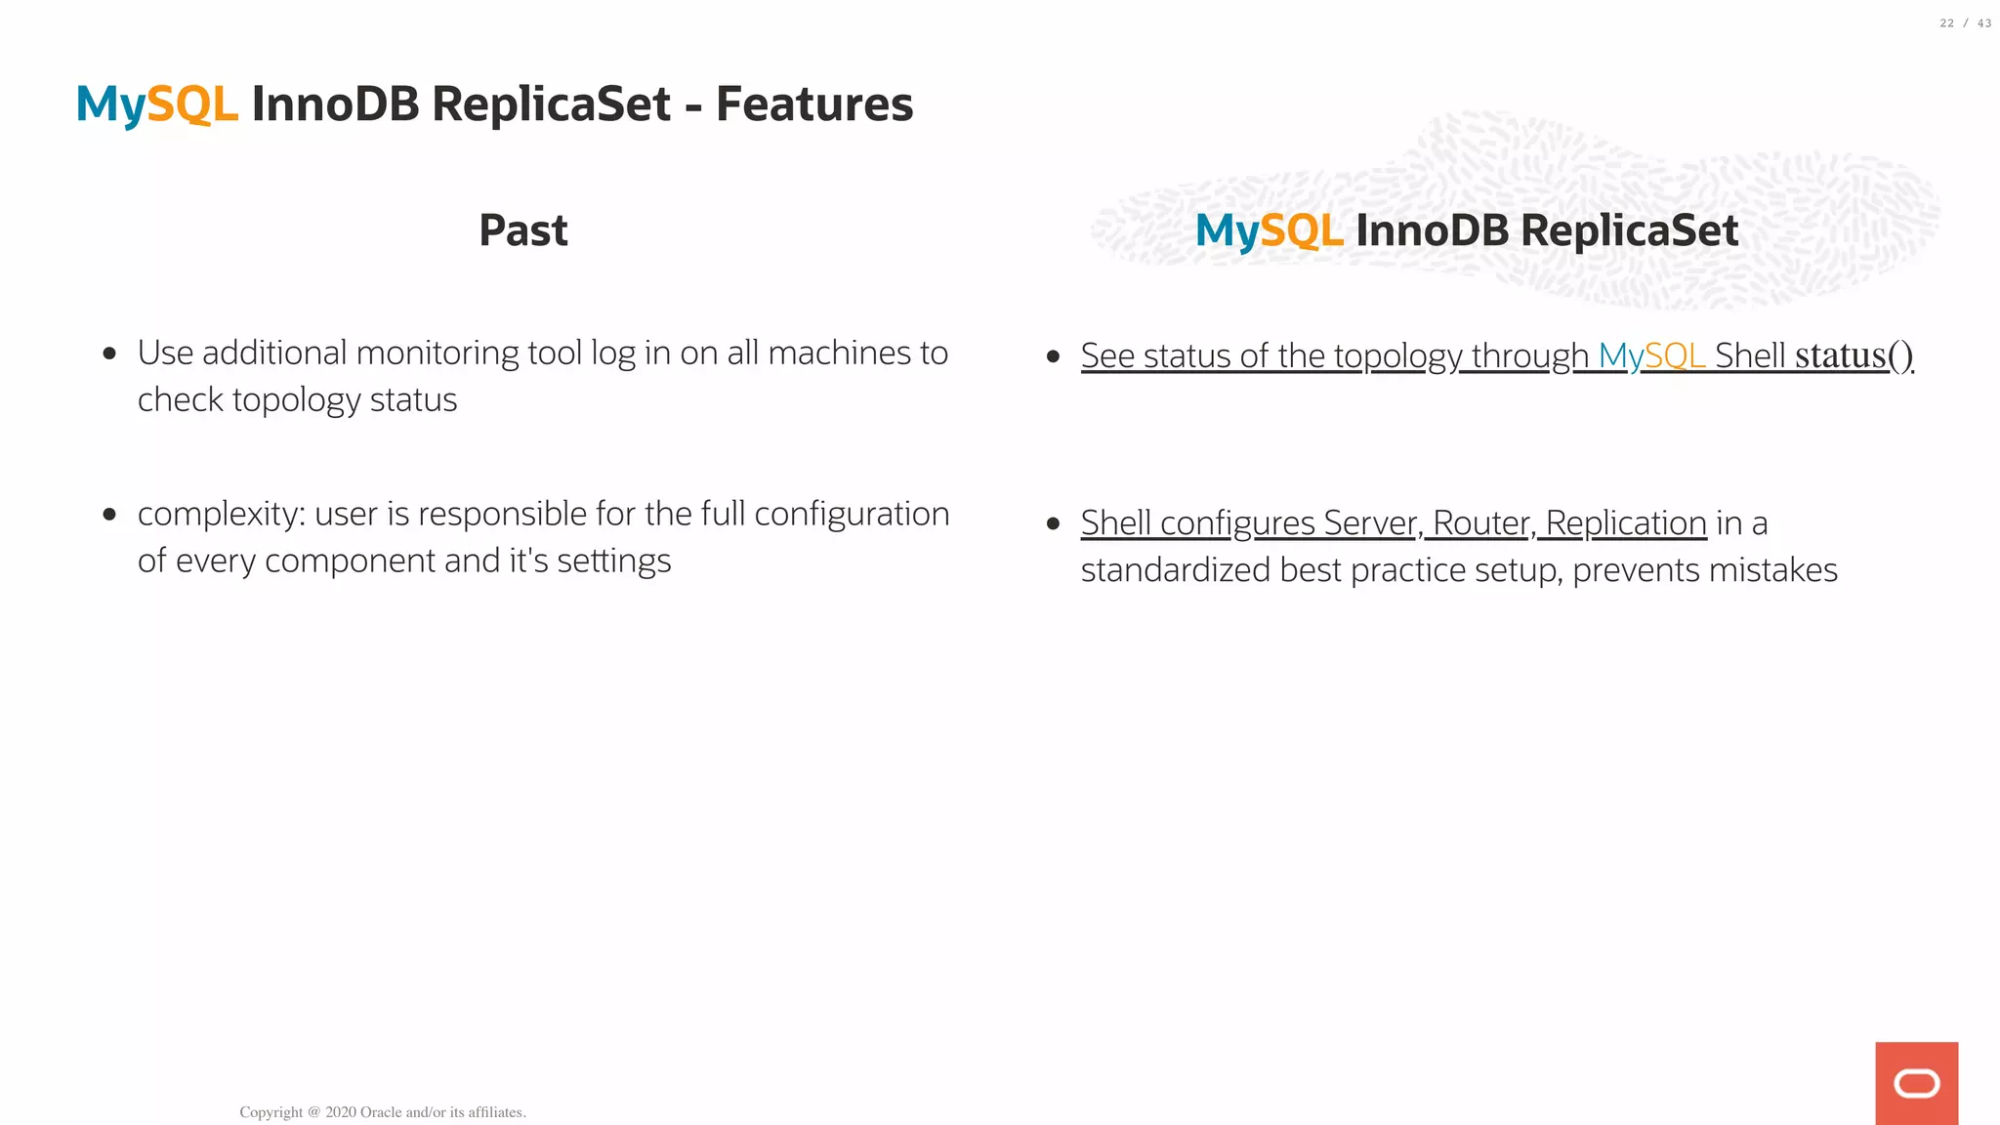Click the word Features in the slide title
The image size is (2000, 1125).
click(814, 104)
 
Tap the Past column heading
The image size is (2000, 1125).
click(523, 230)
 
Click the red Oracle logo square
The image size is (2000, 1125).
click(1916, 1083)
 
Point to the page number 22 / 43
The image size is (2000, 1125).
click(1965, 23)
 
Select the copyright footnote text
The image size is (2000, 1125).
click(383, 1112)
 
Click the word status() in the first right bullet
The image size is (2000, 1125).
click(1854, 355)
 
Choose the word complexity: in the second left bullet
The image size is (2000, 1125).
click(222, 514)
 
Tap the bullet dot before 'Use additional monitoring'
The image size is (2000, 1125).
click(109, 354)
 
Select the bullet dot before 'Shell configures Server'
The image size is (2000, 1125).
click(1053, 524)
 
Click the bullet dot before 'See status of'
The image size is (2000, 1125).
click(1053, 356)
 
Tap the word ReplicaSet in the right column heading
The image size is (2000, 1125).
click(1629, 231)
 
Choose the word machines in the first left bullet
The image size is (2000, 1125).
click(839, 353)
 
